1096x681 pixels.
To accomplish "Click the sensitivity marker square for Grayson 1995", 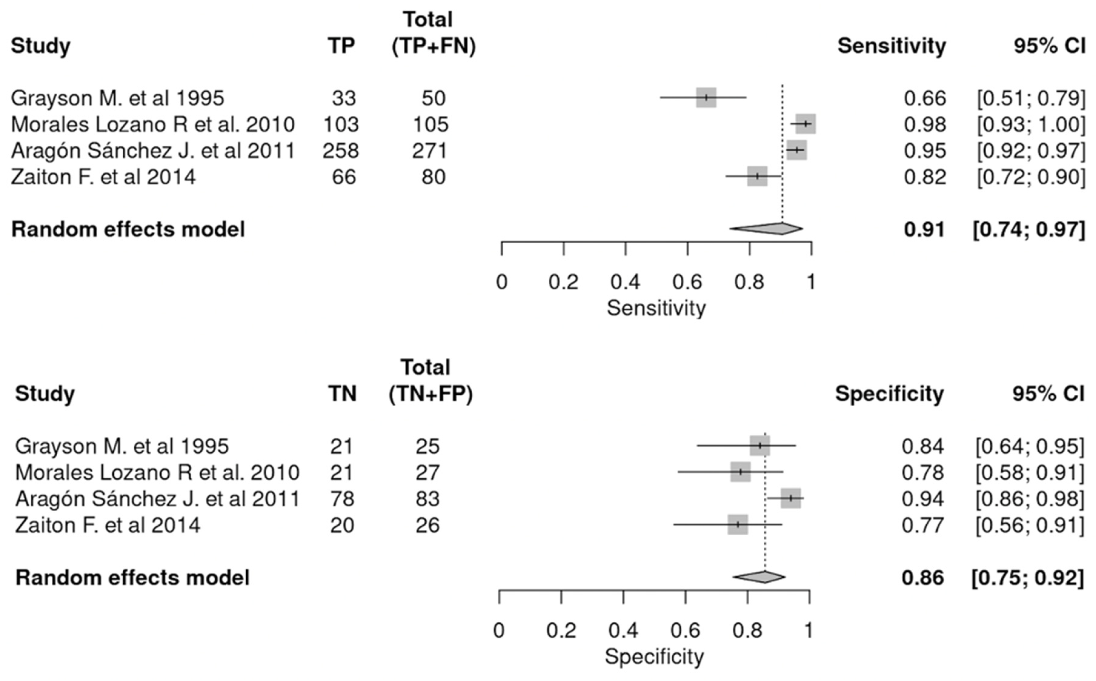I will (x=706, y=98).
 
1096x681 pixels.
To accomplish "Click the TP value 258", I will (x=341, y=151).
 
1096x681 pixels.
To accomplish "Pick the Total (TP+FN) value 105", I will (x=431, y=124).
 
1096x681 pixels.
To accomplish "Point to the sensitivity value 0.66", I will (x=925, y=98).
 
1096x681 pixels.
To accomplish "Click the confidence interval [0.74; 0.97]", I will (x=1028, y=230).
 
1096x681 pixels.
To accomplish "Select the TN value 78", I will (x=342, y=499).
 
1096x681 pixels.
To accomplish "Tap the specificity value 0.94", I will (x=922, y=499).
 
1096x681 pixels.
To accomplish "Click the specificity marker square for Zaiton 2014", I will (x=738, y=525).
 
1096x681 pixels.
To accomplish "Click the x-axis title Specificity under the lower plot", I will (x=654, y=657).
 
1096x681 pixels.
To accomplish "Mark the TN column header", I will (x=342, y=394).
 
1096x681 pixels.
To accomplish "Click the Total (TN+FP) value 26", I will (x=427, y=525).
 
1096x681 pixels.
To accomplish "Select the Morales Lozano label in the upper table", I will (x=153, y=124).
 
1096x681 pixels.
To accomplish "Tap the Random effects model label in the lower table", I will (x=133, y=577).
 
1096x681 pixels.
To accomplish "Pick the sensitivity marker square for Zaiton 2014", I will (x=758, y=176).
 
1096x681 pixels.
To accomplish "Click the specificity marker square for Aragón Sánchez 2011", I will (x=791, y=498).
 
